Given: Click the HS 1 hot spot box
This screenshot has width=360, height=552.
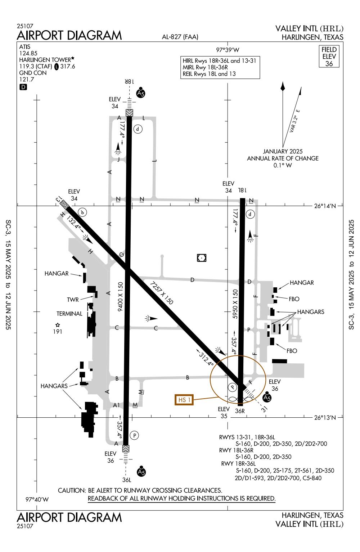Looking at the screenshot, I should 184,400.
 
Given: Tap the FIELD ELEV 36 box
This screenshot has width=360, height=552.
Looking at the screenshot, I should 329,57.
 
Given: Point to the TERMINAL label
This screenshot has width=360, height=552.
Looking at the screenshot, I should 69,314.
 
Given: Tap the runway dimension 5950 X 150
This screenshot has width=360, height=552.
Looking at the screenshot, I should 235,304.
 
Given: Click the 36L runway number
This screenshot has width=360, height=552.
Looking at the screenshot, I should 126,480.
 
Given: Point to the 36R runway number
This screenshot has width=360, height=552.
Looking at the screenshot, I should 240,410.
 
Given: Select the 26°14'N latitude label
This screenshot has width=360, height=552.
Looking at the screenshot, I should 325,206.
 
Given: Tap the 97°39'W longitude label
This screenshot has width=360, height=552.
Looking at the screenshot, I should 228,50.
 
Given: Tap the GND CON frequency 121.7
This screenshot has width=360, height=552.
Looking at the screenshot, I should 27,79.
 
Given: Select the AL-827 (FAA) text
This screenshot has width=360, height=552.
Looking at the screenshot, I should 180,37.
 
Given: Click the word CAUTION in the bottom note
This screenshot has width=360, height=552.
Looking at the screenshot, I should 71,490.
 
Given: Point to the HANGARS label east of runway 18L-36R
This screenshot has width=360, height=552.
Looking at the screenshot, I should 310,312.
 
